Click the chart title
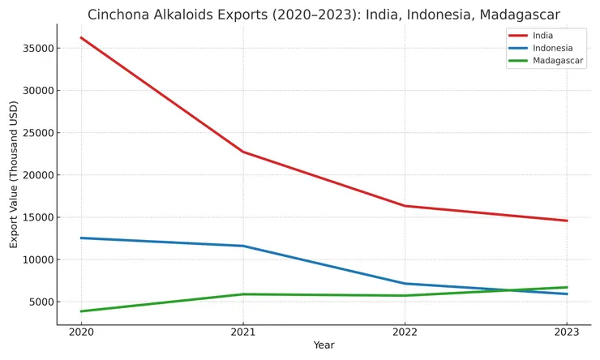point(324,15)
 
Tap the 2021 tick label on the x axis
point(242,332)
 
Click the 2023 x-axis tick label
point(567,332)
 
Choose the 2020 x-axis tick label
point(80,332)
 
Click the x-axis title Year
point(324,345)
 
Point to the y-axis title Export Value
point(14,174)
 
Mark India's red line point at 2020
point(81,38)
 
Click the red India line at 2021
point(242,152)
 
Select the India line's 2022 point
point(405,206)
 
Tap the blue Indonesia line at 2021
point(242,246)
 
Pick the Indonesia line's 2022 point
point(405,284)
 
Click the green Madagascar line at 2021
point(242,294)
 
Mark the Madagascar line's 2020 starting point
point(81,311)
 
